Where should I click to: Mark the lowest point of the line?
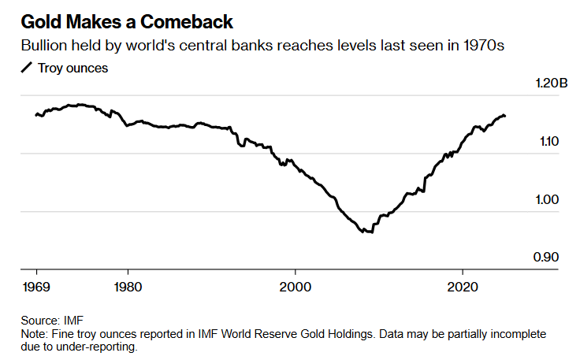pyautogui.click(x=367, y=232)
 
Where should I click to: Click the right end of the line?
pyautogui.click(x=505, y=116)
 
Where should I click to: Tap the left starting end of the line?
pyautogui.click(x=36, y=115)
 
